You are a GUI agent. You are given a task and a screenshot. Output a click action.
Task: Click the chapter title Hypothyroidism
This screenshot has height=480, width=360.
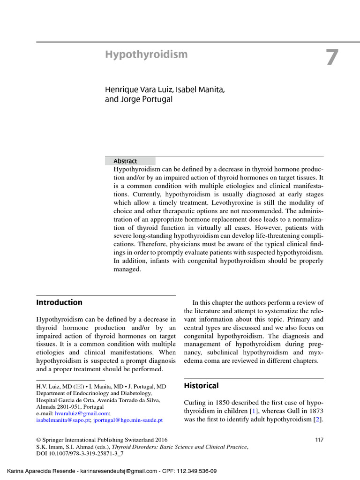146,54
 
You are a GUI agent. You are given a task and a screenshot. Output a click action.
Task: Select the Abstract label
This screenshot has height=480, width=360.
125,161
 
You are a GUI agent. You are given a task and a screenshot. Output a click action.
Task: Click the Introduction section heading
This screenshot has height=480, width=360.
59,302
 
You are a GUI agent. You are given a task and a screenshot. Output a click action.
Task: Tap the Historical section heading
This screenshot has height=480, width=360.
201,386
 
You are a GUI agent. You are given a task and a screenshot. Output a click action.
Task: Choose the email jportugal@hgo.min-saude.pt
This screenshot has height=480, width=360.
127,420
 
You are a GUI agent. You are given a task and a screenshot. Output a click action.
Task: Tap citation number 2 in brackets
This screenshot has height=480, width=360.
317,419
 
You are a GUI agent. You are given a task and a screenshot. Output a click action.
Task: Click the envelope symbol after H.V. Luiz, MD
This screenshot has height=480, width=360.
75,386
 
